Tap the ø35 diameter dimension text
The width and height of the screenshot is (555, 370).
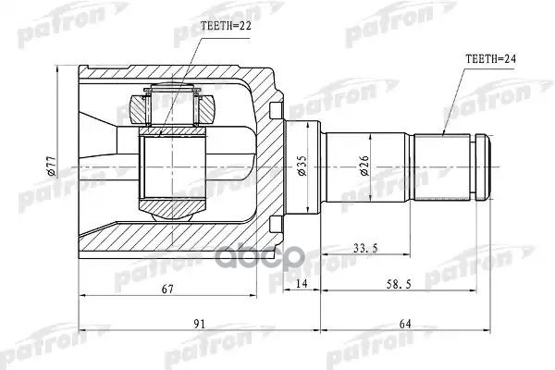(302, 167)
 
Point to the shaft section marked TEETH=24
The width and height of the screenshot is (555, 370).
(441, 167)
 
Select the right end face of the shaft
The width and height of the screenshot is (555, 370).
(489, 167)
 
